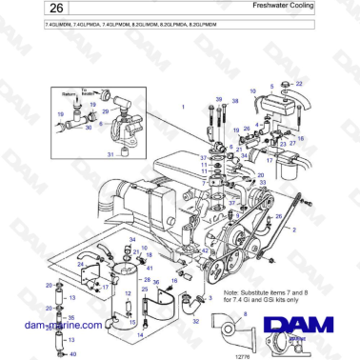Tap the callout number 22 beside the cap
click(299, 84)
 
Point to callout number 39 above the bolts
click(218, 98)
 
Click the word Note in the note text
click(230, 292)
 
